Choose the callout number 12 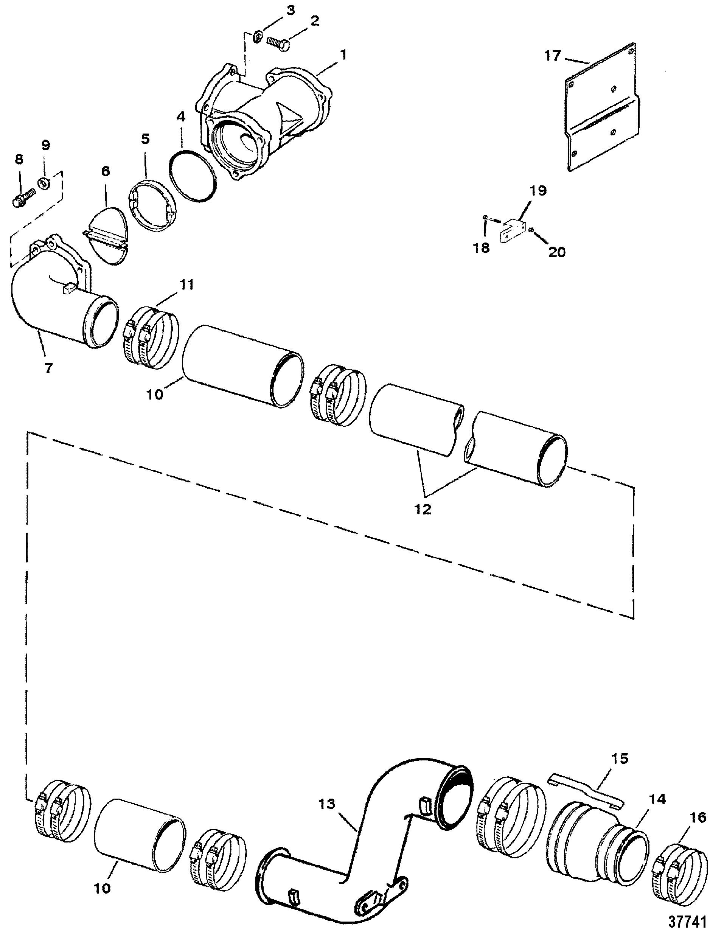pos(423,510)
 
